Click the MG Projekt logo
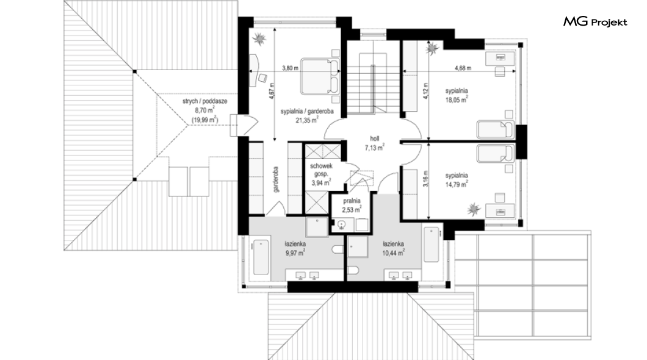[595, 22]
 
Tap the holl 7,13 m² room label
[375, 143]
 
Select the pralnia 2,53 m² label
[352, 206]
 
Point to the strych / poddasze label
[205, 101]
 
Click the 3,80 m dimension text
[290, 68]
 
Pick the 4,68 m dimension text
[463, 68]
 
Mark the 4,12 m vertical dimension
[426, 92]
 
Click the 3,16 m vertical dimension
[426, 179]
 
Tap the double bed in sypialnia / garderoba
[319, 76]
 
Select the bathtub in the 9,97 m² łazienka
[261, 257]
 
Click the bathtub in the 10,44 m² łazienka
[431, 243]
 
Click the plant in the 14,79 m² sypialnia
[474, 209]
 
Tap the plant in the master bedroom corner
[260, 38]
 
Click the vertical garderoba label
[276, 179]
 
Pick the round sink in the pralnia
[341, 225]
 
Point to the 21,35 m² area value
[306, 120]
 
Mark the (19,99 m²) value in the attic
[204, 120]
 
